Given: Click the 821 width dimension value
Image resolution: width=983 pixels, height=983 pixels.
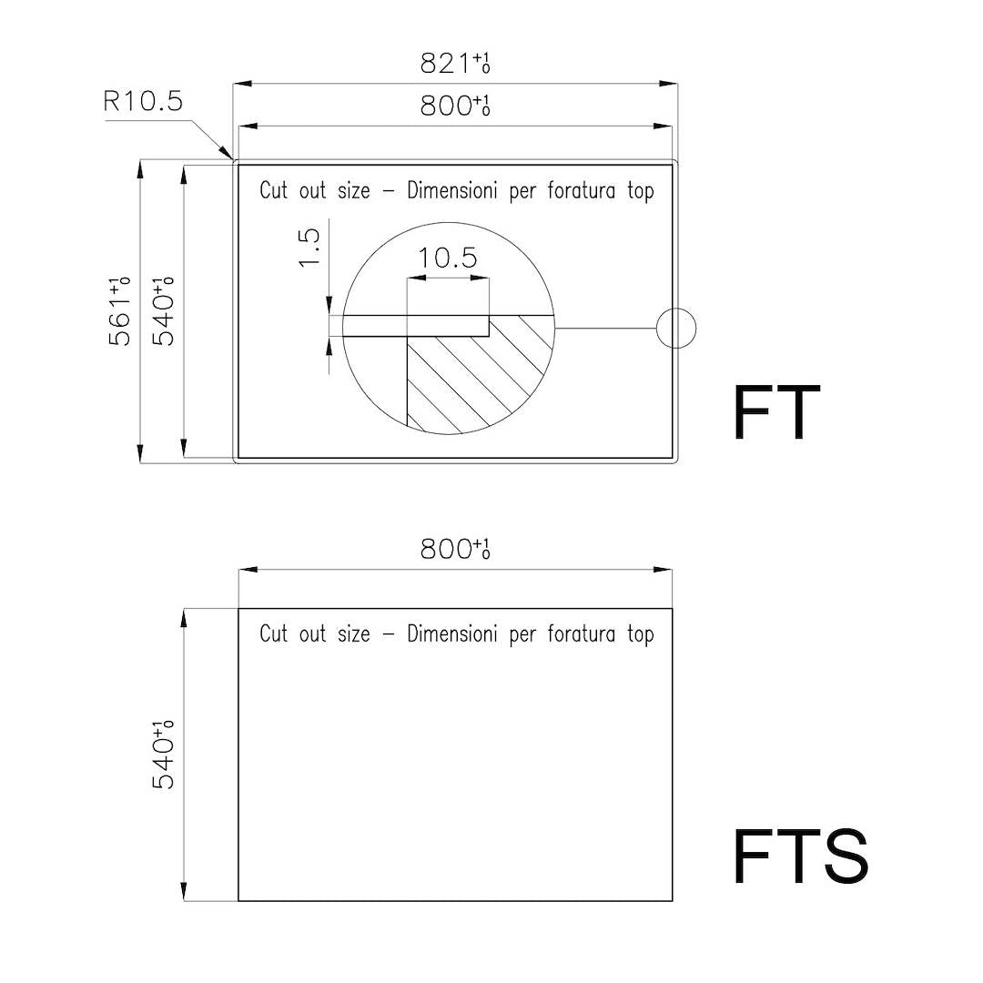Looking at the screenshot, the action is (454, 64).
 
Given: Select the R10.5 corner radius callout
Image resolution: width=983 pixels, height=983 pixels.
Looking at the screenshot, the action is (143, 101).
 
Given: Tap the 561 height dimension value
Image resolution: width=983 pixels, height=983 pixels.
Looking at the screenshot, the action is (119, 311).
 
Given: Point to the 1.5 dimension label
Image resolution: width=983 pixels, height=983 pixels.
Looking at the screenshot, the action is (309, 248).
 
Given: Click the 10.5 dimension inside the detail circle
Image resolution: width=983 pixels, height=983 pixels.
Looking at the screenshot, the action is (448, 258).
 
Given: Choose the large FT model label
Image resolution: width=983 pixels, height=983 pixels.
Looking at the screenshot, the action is (776, 413).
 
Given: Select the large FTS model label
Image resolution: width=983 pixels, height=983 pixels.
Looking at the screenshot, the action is (801, 856).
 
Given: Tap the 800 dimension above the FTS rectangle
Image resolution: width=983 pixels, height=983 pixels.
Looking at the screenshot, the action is (454, 549).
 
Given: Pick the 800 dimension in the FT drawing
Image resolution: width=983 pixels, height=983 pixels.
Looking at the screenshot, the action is (454, 106).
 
